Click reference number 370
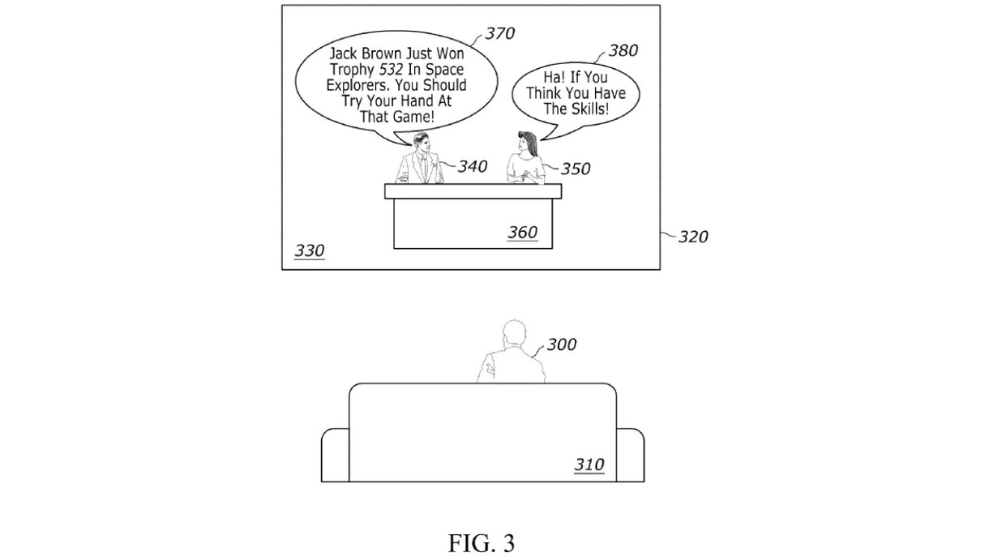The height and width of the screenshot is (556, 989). click(x=500, y=33)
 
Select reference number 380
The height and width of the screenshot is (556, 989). click(x=623, y=50)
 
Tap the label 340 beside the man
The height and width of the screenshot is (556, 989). click(x=472, y=166)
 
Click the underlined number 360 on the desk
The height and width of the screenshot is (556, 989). click(x=522, y=233)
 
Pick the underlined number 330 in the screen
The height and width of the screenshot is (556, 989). click(x=309, y=250)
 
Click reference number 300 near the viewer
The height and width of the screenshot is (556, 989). click(x=561, y=344)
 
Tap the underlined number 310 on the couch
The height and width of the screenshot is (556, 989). click(x=589, y=464)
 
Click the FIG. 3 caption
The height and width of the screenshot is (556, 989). click(x=482, y=542)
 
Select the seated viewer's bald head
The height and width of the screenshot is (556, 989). click(x=513, y=332)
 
